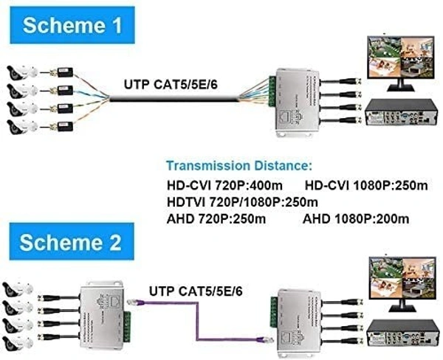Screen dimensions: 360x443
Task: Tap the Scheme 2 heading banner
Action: pyautogui.click(x=70, y=242)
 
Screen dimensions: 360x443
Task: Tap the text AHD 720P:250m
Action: pyautogui.click(x=215, y=218)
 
